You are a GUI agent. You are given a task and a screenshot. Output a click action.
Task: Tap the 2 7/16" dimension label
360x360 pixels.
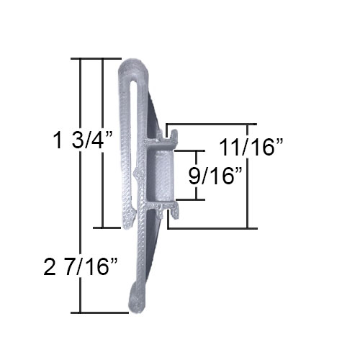coord(81,266)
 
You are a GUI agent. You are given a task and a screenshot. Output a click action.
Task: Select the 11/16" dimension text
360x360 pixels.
coord(251,147)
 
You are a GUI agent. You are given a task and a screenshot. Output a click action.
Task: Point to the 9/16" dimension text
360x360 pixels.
coord(215,176)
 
